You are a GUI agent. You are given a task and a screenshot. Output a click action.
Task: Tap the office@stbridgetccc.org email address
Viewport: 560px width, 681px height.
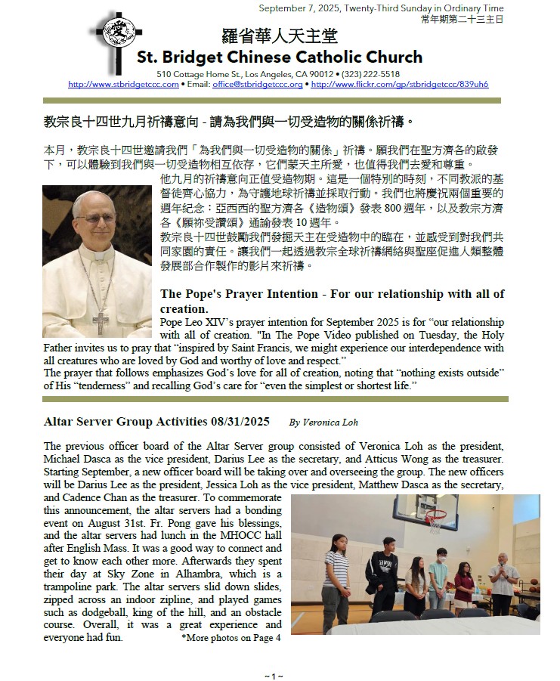point(257,85)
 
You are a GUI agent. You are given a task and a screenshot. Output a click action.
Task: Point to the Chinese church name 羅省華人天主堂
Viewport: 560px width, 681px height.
point(279,36)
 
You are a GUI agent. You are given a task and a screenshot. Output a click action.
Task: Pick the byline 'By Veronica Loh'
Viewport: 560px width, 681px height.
point(323,423)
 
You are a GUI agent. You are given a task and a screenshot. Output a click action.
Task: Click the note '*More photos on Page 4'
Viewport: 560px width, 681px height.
point(230,637)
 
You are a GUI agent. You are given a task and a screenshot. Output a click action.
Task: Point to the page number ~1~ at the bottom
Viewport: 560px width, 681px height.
point(274,674)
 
